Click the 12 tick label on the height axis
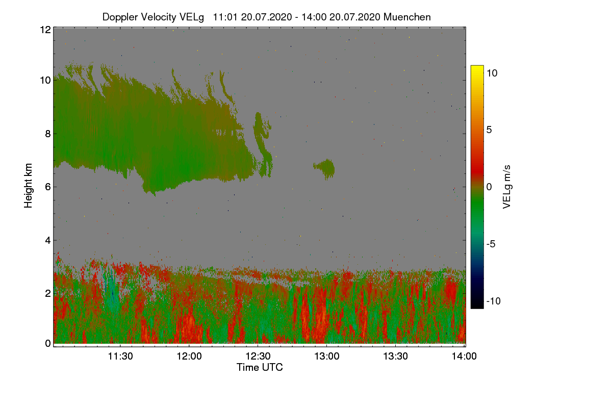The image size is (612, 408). click(45, 30)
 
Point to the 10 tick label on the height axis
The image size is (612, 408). click(45, 81)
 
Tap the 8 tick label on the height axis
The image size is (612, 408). click(48, 134)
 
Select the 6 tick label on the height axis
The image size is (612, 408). click(48, 187)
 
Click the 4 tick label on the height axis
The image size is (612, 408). click(48, 241)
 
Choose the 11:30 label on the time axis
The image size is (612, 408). click(120, 356)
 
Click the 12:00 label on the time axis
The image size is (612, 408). click(189, 356)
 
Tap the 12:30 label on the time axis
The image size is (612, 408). click(258, 356)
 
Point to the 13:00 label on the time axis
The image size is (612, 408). click(327, 356)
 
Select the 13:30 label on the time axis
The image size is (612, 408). click(395, 356)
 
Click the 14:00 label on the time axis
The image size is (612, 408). click(464, 356)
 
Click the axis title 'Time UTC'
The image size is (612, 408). click(260, 367)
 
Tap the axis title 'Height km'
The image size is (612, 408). click(28, 186)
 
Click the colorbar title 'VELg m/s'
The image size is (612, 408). click(507, 187)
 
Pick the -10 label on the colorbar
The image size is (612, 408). click(494, 301)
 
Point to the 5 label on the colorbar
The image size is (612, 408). click(489, 130)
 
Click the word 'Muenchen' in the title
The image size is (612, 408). click(407, 17)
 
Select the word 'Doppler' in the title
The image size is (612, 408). click(120, 17)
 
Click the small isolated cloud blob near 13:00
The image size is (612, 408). click(324, 169)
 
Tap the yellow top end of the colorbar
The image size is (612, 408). click(477, 67)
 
